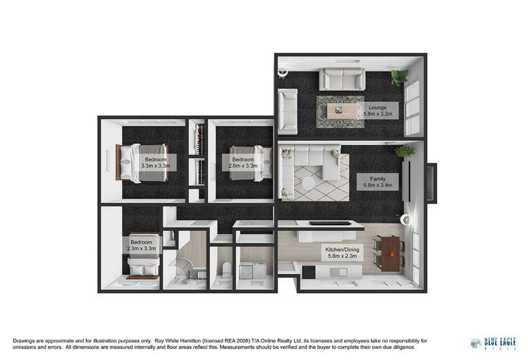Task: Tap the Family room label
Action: [377, 182]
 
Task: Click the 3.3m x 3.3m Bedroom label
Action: [155, 163]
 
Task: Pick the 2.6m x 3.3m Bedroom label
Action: [243, 163]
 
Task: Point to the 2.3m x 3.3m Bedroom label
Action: [141, 245]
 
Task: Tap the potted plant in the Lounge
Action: [400, 76]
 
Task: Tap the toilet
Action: [223, 268]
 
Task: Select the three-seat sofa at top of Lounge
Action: [340, 77]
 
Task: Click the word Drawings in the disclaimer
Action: [18, 341]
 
